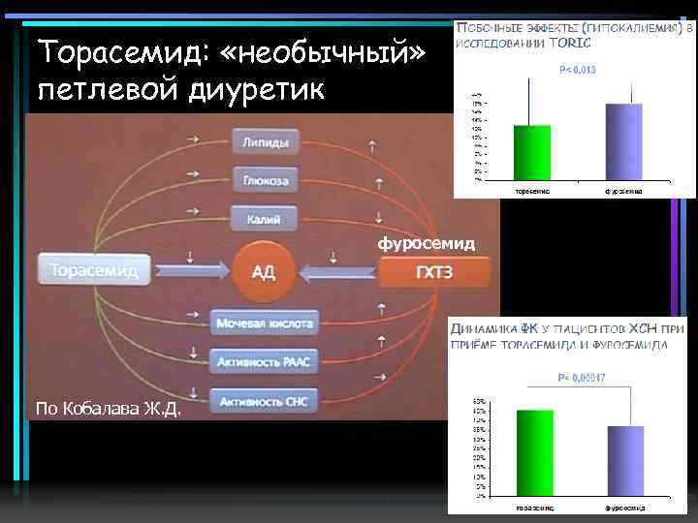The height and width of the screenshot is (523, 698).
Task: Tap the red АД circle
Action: click(264, 270)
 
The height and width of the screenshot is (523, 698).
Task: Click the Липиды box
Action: click(265, 142)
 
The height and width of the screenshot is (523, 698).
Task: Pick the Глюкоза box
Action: click(265, 180)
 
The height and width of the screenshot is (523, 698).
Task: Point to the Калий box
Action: click(265, 219)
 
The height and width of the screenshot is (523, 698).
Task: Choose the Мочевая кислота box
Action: click(265, 323)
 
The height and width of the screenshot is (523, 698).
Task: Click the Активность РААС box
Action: click(265, 361)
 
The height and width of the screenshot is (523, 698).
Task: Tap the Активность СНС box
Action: click(265, 399)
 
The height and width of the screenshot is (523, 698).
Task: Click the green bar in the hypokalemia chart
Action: click(532, 152)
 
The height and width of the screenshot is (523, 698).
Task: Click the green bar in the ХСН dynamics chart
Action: click(534, 455)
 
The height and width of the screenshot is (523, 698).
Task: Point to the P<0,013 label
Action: click(578, 70)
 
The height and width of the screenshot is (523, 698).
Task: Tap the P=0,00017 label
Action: click(580, 378)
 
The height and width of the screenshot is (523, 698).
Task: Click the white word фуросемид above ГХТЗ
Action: click(427, 243)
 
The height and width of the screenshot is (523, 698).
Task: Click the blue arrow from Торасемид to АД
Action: click(188, 270)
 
